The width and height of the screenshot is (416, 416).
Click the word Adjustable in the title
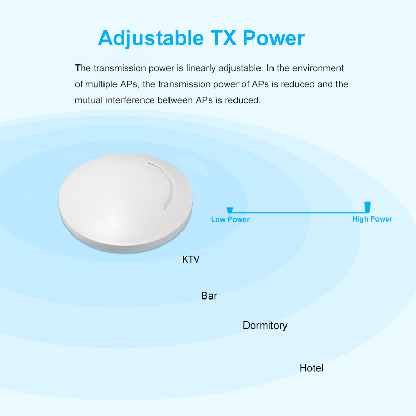tap(151, 38)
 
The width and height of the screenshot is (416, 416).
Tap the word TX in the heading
tap(223, 38)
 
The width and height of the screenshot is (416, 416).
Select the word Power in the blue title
tap(274, 38)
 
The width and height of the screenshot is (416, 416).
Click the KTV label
tap(190, 259)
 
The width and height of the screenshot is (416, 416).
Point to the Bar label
tap(209, 295)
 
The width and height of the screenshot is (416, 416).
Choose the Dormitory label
tap(265, 326)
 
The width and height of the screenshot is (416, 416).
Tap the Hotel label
tap(311, 368)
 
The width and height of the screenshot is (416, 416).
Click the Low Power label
tap(230, 219)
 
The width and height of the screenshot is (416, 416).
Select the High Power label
tap(372, 219)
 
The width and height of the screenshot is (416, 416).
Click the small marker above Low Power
tap(230, 210)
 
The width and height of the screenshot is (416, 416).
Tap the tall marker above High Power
tap(368, 207)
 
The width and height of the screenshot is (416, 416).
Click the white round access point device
tap(126, 203)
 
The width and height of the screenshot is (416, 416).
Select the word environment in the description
tap(318, 68)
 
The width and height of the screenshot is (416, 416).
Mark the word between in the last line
tap(175, 100)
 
